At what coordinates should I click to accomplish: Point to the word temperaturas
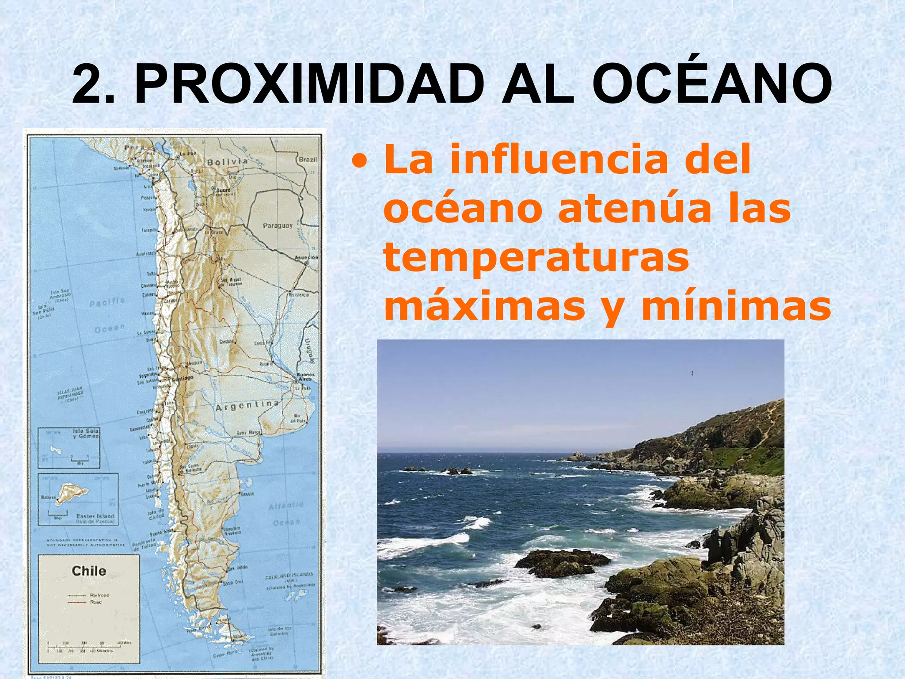pyautogui.click(x=536, y=258)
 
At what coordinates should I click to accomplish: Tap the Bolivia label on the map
pyautogui.click(x=227, y=162)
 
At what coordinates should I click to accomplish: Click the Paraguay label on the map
pyautogui.click(x=278, y=226)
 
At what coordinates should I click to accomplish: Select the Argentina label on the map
pyautogui.click(x=247, y=405)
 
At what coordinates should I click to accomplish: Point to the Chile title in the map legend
pyautogui.click(x=89, y=571)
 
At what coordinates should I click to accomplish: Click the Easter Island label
pyautogui.click(x=95, y=516)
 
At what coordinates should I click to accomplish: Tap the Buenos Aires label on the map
pyautogui.click(x=305, y=377)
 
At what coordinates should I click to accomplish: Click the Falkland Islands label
pyautogui.click(x=289, y=576)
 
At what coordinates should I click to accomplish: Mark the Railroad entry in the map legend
pyautogui.click(x=99, y=595)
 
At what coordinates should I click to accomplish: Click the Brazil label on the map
pyautogui.click(x=308, y=159)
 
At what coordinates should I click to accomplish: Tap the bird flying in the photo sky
pyautogui.click(x=692, y=374)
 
